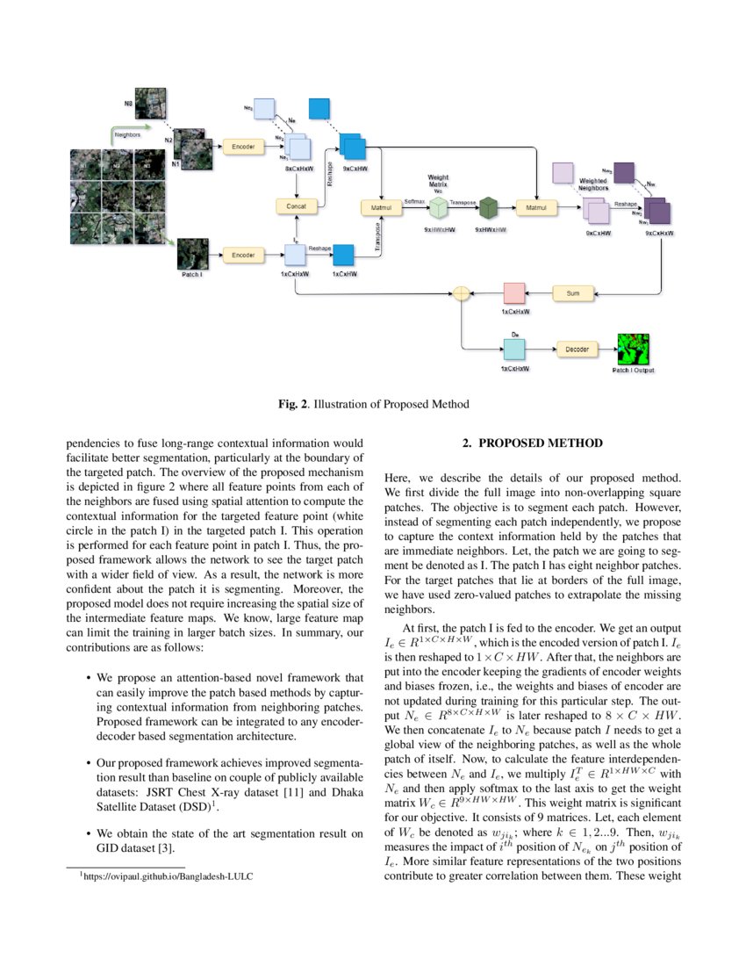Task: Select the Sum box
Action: (573, 292)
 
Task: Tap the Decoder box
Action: (577, 350)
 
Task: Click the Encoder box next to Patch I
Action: (241, 255)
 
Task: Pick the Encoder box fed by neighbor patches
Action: (241, 147)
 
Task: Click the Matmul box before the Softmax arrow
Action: (381, 207)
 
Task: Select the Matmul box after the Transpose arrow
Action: (535, 207)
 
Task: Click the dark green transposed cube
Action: (488, 208)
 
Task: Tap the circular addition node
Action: (461, 293)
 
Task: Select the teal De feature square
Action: (513, 350)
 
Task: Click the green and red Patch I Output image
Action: (632, 349)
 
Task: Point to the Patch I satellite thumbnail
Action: (192, 254)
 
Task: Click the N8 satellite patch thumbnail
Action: (150, 103)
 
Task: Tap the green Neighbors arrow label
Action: (129, 135)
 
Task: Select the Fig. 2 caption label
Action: (294, 404)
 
